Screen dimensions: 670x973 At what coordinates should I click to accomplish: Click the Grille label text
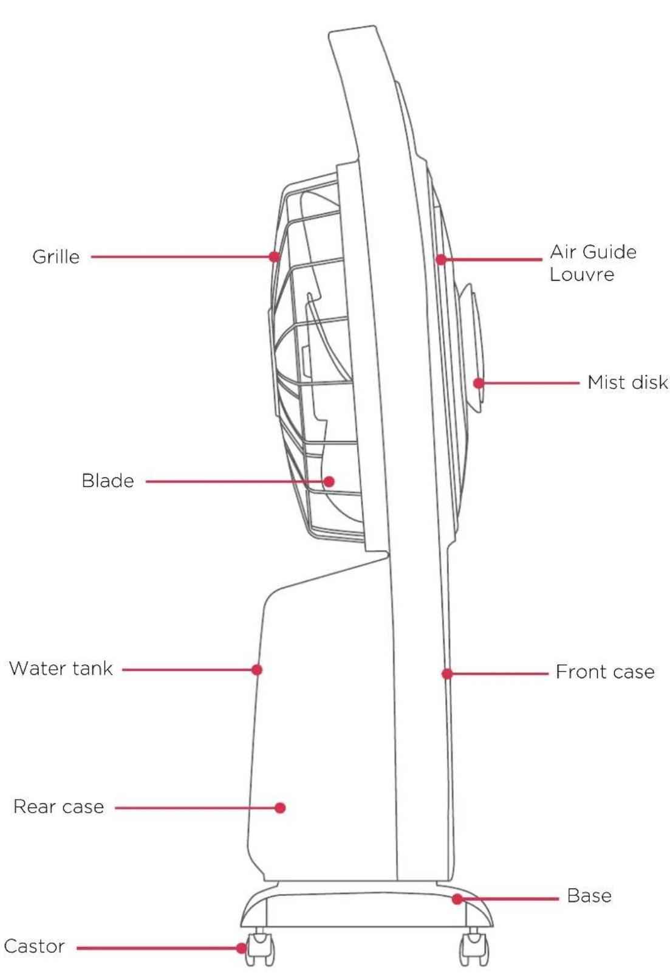(x=56, y=256)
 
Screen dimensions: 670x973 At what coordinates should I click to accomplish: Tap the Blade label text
(x=108, y=481)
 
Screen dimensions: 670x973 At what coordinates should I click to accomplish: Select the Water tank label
(x=61, y=669)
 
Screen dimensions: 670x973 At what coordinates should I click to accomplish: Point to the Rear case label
(x=59, y=806)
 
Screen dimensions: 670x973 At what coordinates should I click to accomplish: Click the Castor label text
(x=35, y=946)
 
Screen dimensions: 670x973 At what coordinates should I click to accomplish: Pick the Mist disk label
(x=627, y=382)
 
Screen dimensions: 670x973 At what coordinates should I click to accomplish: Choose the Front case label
(x=605, y=672)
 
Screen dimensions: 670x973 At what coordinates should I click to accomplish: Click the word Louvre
(x=582, y=275)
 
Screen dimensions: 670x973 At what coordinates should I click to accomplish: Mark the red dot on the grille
(x=274, y=256)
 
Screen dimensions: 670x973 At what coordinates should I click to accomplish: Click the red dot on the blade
(x=329, y=481)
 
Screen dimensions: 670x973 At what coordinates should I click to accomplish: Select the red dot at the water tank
(x=256, y=670)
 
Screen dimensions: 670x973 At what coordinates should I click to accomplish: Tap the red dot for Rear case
(x=280, y=808)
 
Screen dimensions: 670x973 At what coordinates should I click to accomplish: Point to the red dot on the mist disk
(x=479, y=383)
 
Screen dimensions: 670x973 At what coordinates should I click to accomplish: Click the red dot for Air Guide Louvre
(x=441, y=260)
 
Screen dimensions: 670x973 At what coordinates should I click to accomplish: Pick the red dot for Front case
(x=447, y=674)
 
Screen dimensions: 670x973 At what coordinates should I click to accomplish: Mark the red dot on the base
(x=457, y=899)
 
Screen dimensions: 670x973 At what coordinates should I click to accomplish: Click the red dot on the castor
(x=242, y=948)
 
